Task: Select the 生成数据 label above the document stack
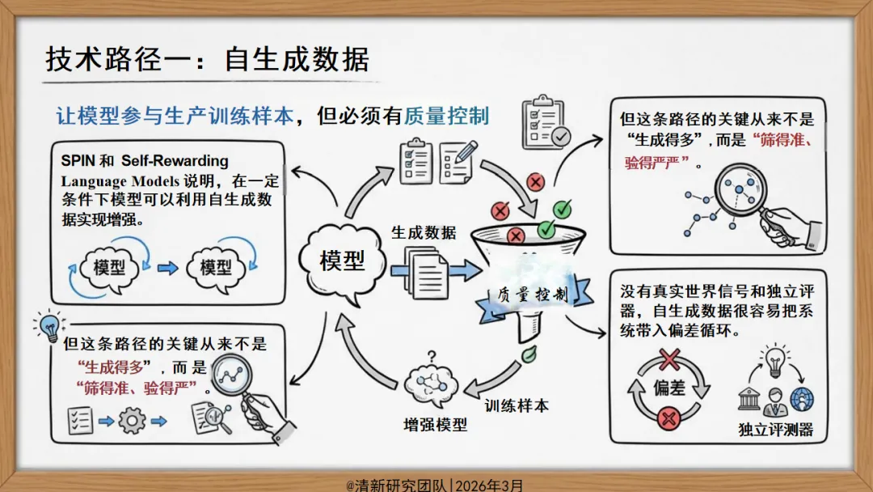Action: click(424, 233)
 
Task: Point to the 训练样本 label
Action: click(516, 405)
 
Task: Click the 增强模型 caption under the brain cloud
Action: click(435, 424)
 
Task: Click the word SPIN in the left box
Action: click(78, 161)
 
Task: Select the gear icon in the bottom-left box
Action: click(132, 420)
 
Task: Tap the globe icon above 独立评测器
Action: click(802, 399)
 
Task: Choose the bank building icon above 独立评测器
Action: click(749, 399)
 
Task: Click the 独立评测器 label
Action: click(775, 429)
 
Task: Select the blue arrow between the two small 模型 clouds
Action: click(168, 266)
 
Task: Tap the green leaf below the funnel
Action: click(529, 354)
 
